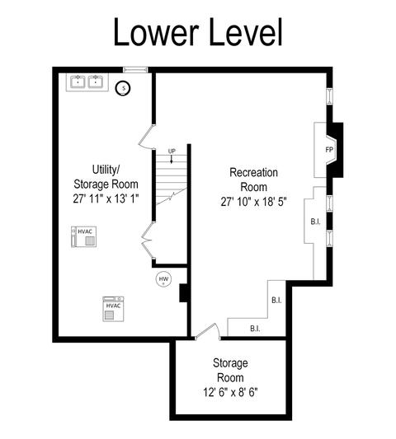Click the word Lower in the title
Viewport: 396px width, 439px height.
tap(156, 32)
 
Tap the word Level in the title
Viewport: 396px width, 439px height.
tap(246, 31)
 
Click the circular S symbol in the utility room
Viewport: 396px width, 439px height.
tap(123, 88)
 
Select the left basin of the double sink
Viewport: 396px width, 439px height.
tap(78, 82)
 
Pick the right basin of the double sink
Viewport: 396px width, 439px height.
tap(96, 82)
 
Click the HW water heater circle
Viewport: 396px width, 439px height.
tap(163, 279)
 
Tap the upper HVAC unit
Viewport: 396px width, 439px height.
tap(84, 237)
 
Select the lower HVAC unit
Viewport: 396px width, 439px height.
tap(113, 309)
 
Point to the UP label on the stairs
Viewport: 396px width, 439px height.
tap(172, 152)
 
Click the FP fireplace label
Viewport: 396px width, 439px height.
tap(329, 150)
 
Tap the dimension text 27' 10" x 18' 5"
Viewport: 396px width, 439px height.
tap(254, 202)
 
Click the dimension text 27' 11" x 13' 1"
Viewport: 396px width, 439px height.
tap(106, 198)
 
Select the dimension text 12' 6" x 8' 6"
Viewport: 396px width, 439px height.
tap(230, 392)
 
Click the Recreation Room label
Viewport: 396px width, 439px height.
tap(254, 180)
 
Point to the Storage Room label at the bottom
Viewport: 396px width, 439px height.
tap(230, 370)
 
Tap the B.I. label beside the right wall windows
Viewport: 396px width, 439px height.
tap(315, 222)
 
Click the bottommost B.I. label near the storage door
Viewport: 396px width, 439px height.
tap(255, 329)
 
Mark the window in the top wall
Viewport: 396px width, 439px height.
tap(135, 69)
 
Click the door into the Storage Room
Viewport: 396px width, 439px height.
tap(207, 331)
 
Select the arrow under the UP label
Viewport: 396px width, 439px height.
tap(172, 159)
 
